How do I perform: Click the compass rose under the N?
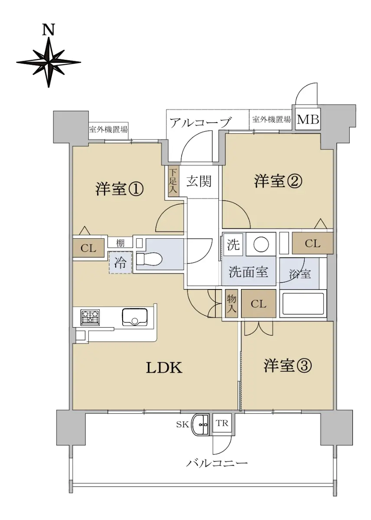[x=49, y=62]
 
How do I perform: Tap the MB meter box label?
[x=308, y=120]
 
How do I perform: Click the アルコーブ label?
[x=201, y=122]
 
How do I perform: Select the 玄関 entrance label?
[x=199, y=181]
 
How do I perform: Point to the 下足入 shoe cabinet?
[x=173, y=181]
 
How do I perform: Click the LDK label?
[x=164, y=374]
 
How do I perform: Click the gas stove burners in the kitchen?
[x=90, y=317]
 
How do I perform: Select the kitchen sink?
[x=135, y=317]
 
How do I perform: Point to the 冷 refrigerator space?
[x=120, y=263]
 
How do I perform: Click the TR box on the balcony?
[x=222, y=423]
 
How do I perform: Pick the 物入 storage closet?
[x=231, y=304]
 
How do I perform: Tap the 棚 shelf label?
[x=120, y=243]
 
